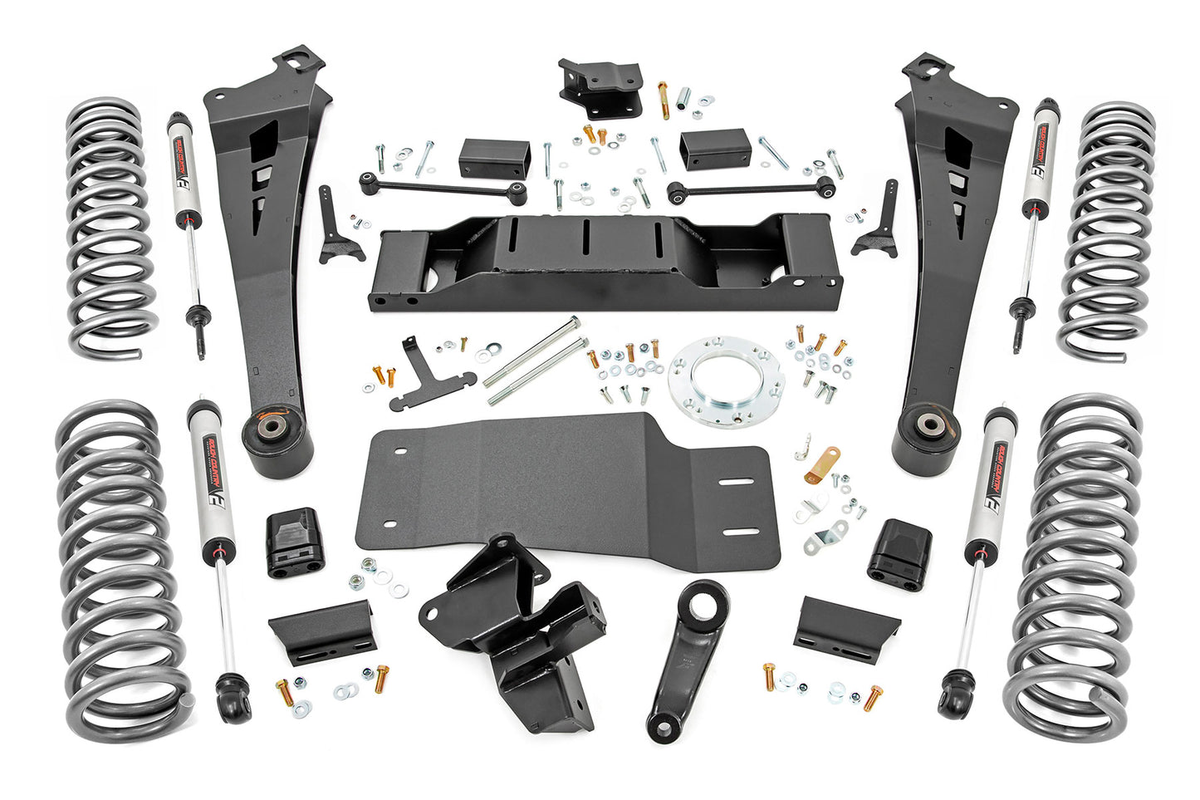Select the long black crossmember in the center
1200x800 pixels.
coord(606,262)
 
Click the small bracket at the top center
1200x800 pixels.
coord(600,87)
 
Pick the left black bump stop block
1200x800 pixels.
coord(292,542)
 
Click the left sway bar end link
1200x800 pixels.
coord(443,187)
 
